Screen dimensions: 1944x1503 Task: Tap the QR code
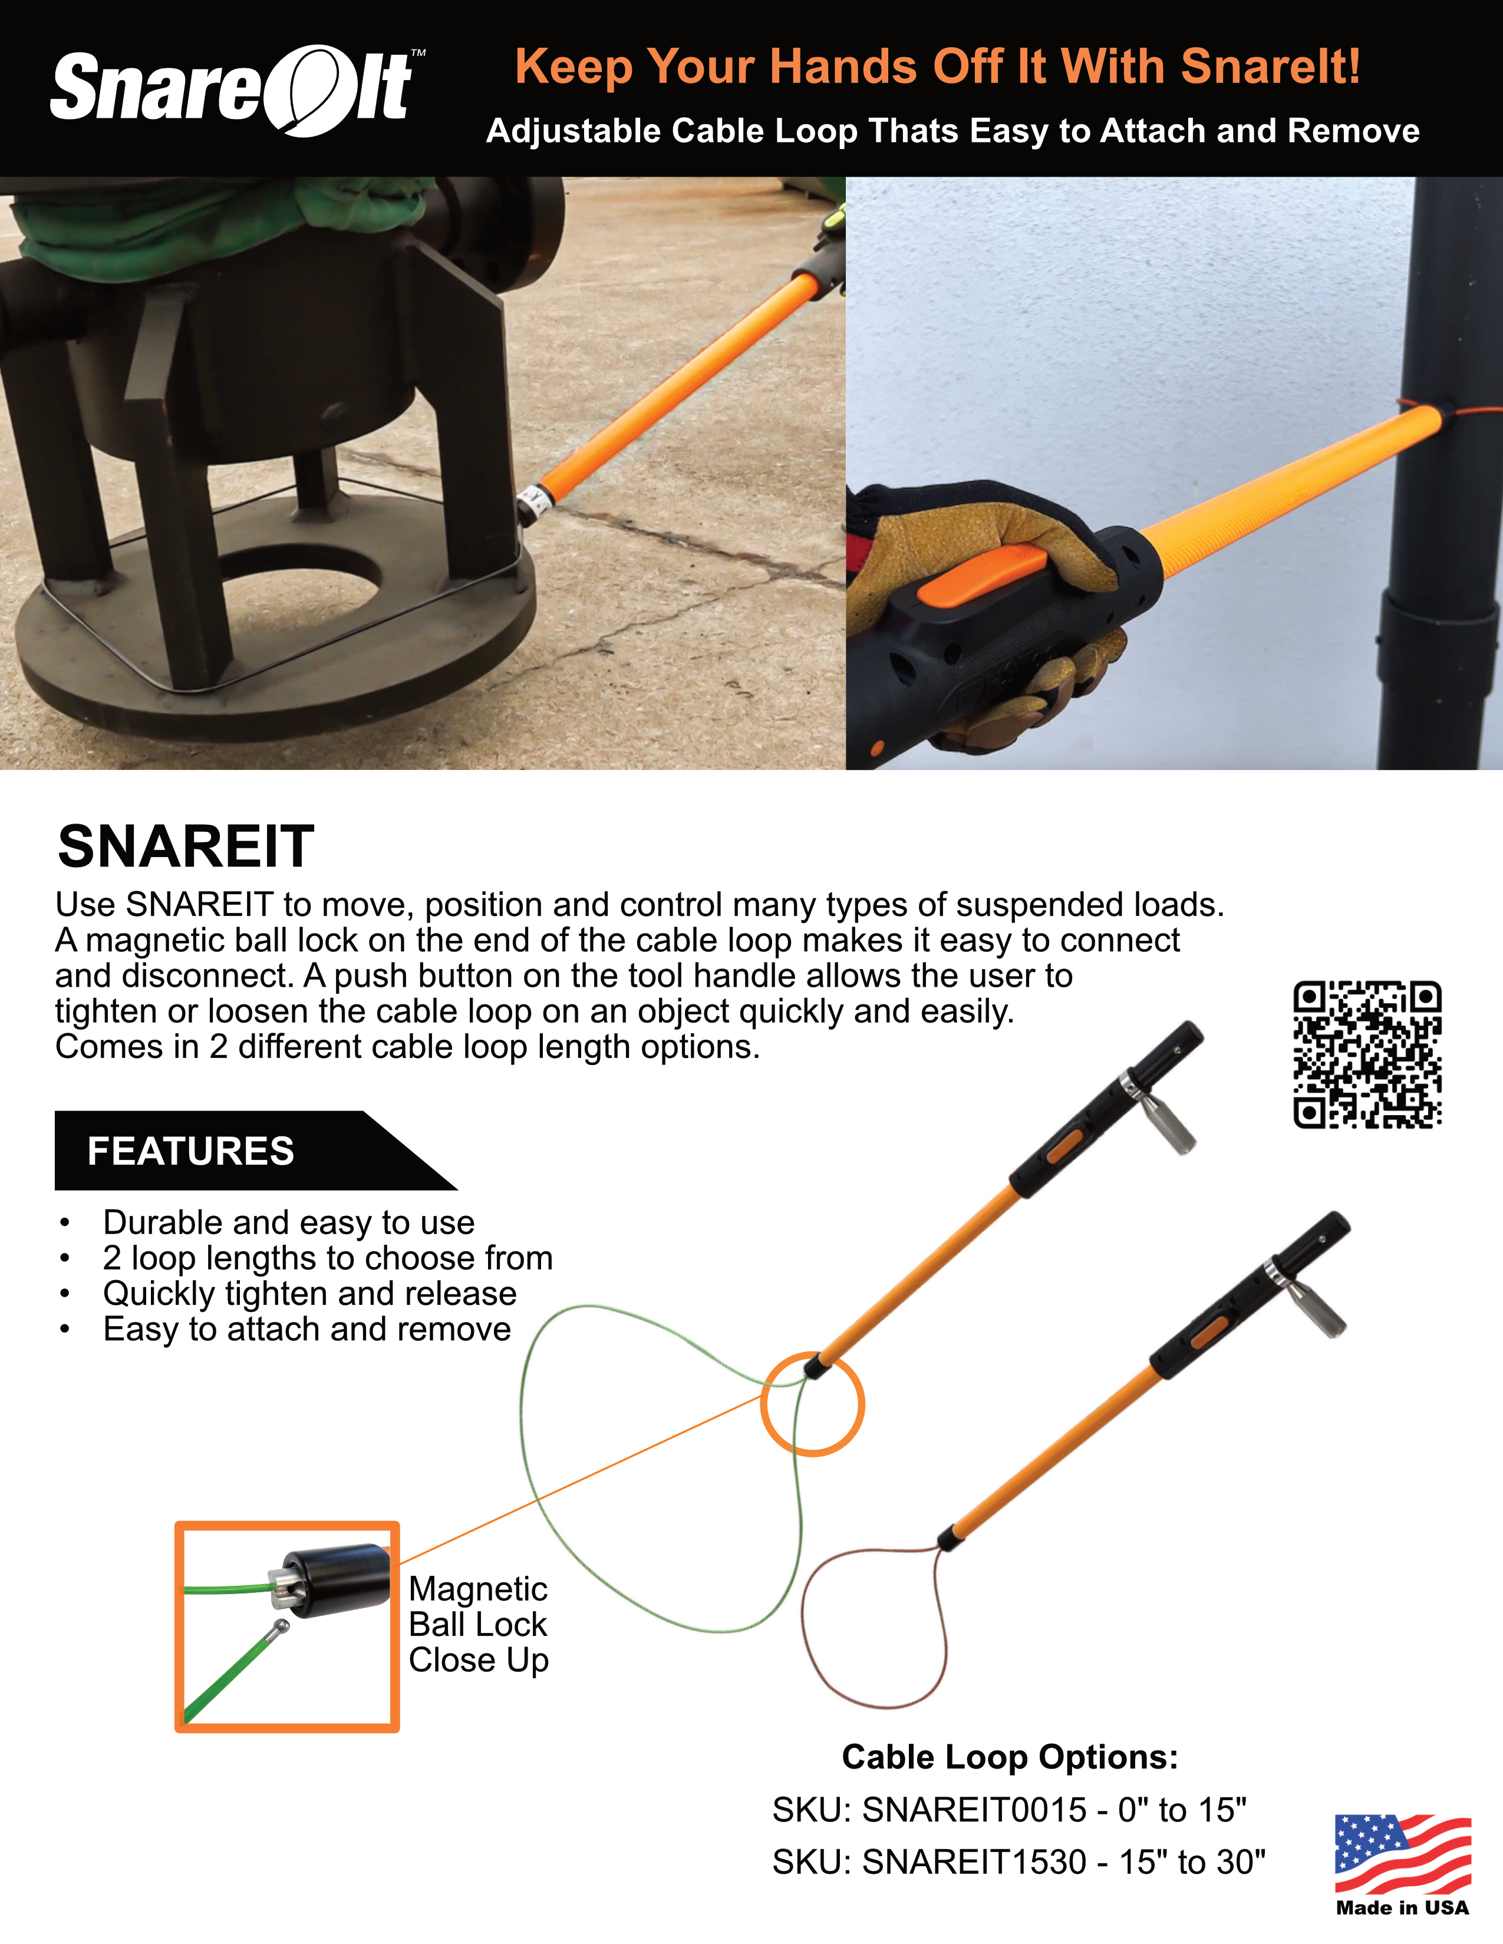tap(1367, 1055)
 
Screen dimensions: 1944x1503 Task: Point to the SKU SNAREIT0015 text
tap(1009, 1810)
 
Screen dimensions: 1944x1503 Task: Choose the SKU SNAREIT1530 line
tap(1018, 1862)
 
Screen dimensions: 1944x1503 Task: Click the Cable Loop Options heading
tap(1010, 1757)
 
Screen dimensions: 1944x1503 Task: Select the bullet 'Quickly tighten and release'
tap(309, 1293)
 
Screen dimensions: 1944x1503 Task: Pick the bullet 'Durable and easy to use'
tap(288, 1222)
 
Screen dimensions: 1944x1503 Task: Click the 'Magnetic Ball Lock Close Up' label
tap(478, 1625)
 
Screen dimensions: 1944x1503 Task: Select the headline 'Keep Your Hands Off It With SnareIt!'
tap(937, 67)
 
